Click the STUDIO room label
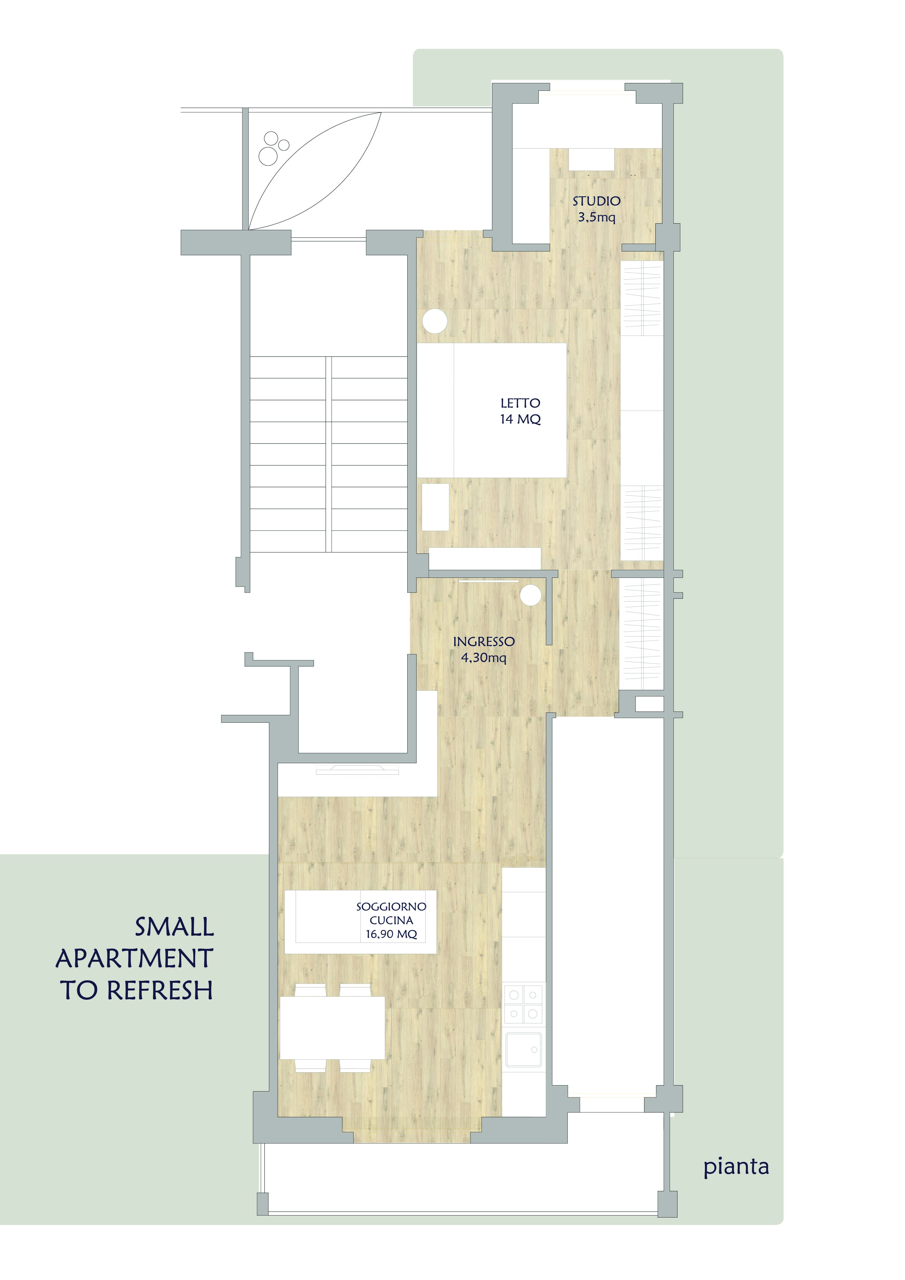point(596,201)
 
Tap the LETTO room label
point(520,403)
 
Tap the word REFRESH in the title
point(160,990)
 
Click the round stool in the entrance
point(531,595)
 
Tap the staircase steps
point(329,454)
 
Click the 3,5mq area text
point(596,217)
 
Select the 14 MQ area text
point(520,419)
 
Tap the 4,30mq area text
point(484,658)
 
